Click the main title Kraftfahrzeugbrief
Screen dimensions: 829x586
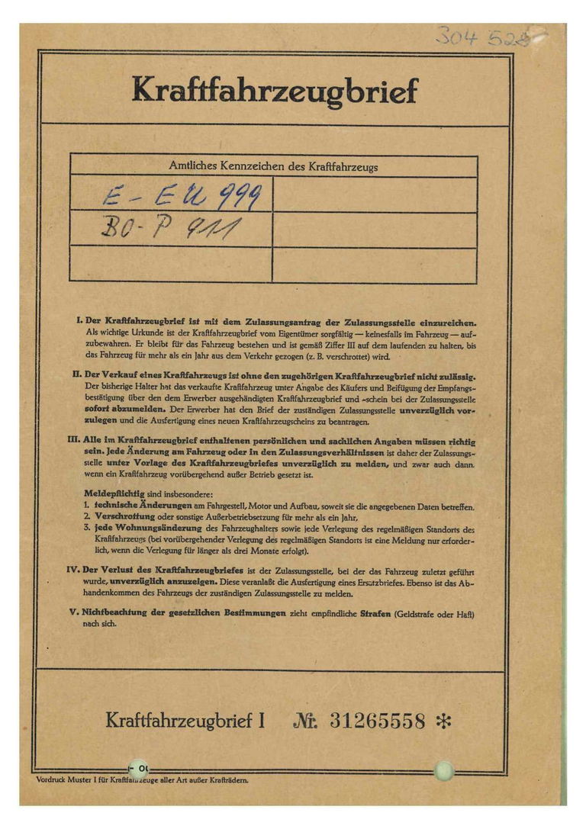pyautogui.click(x=275, y=91)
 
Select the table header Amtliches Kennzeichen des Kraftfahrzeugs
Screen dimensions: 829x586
pyautogui.click(x=273, y=165)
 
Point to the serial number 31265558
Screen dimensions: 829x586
pyautogui.click(x=377, y=720)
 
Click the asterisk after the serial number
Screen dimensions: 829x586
pyautogui.click(x=443, y=720)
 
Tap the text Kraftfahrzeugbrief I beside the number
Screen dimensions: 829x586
pyautogui.click(x=185, y=720)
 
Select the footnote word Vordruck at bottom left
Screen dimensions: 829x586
pyautogui.click(x=51, y=779)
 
